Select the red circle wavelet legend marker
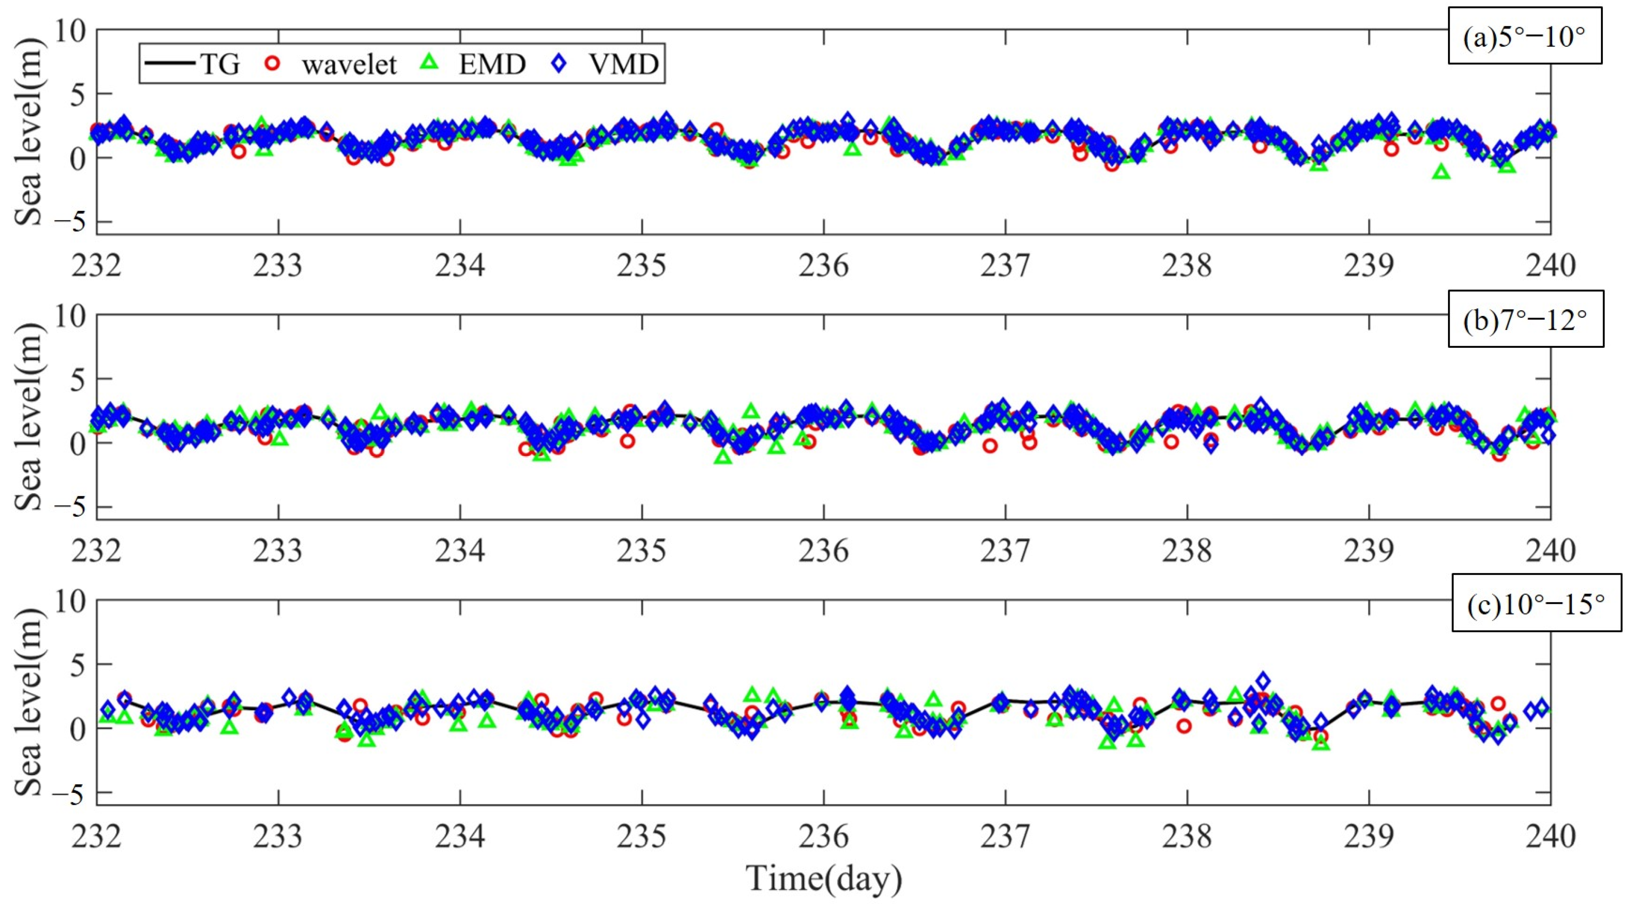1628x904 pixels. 272,63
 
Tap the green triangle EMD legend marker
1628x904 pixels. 430,62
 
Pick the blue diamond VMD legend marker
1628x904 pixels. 559,63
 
